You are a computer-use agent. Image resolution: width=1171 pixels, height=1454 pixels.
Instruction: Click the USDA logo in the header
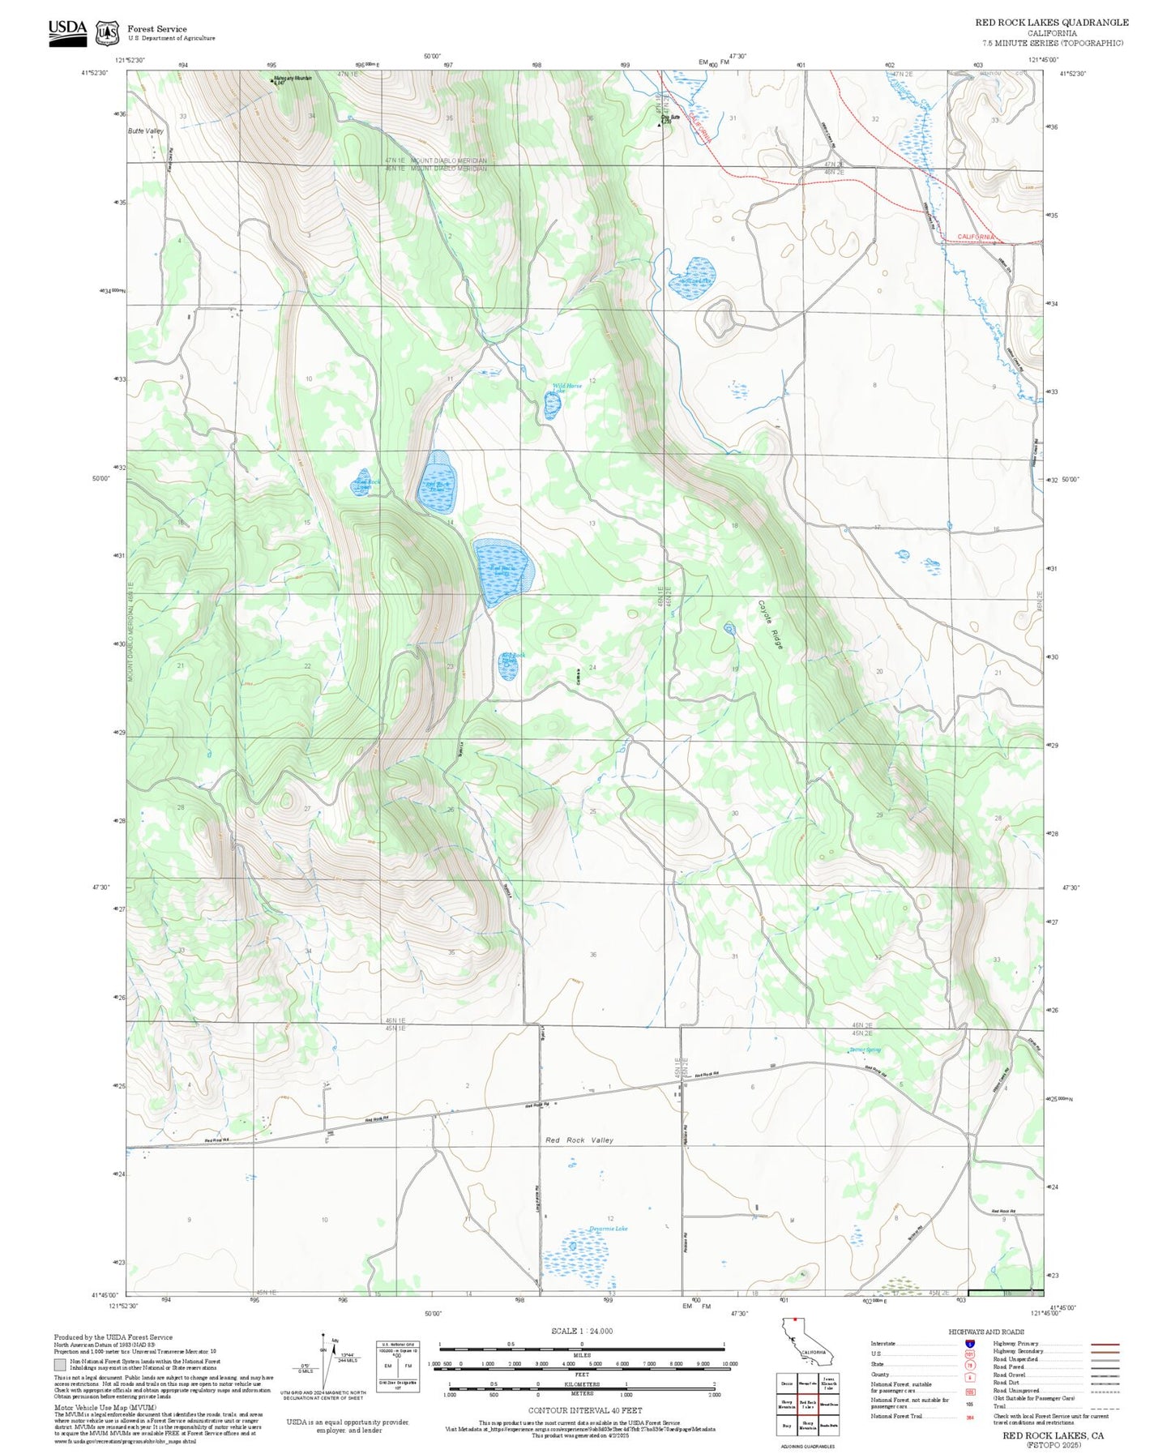pyautogui.click(x=67, y=32)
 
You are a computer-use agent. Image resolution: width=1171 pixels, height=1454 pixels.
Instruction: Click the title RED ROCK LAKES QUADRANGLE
pyautogui.click(x=1051, y=23)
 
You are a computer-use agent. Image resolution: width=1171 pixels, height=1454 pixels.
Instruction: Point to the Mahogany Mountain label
pyautogui.click(x=293, y=79)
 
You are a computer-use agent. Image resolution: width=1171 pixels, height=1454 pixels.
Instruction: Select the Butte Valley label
pyautogui.click(x=146, y=130)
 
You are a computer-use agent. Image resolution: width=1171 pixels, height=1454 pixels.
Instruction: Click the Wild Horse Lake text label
pyautogui.click(x=566, y=388)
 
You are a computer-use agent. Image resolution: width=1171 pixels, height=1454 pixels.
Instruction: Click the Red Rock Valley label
pyautogui.click(x=579, y=1140)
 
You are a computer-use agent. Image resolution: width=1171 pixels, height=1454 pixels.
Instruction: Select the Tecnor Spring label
pyautogui.click(x=865, y=1050)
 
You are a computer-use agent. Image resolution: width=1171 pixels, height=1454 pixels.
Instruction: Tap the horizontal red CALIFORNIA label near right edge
pyautogui.click(x=975, y=237)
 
